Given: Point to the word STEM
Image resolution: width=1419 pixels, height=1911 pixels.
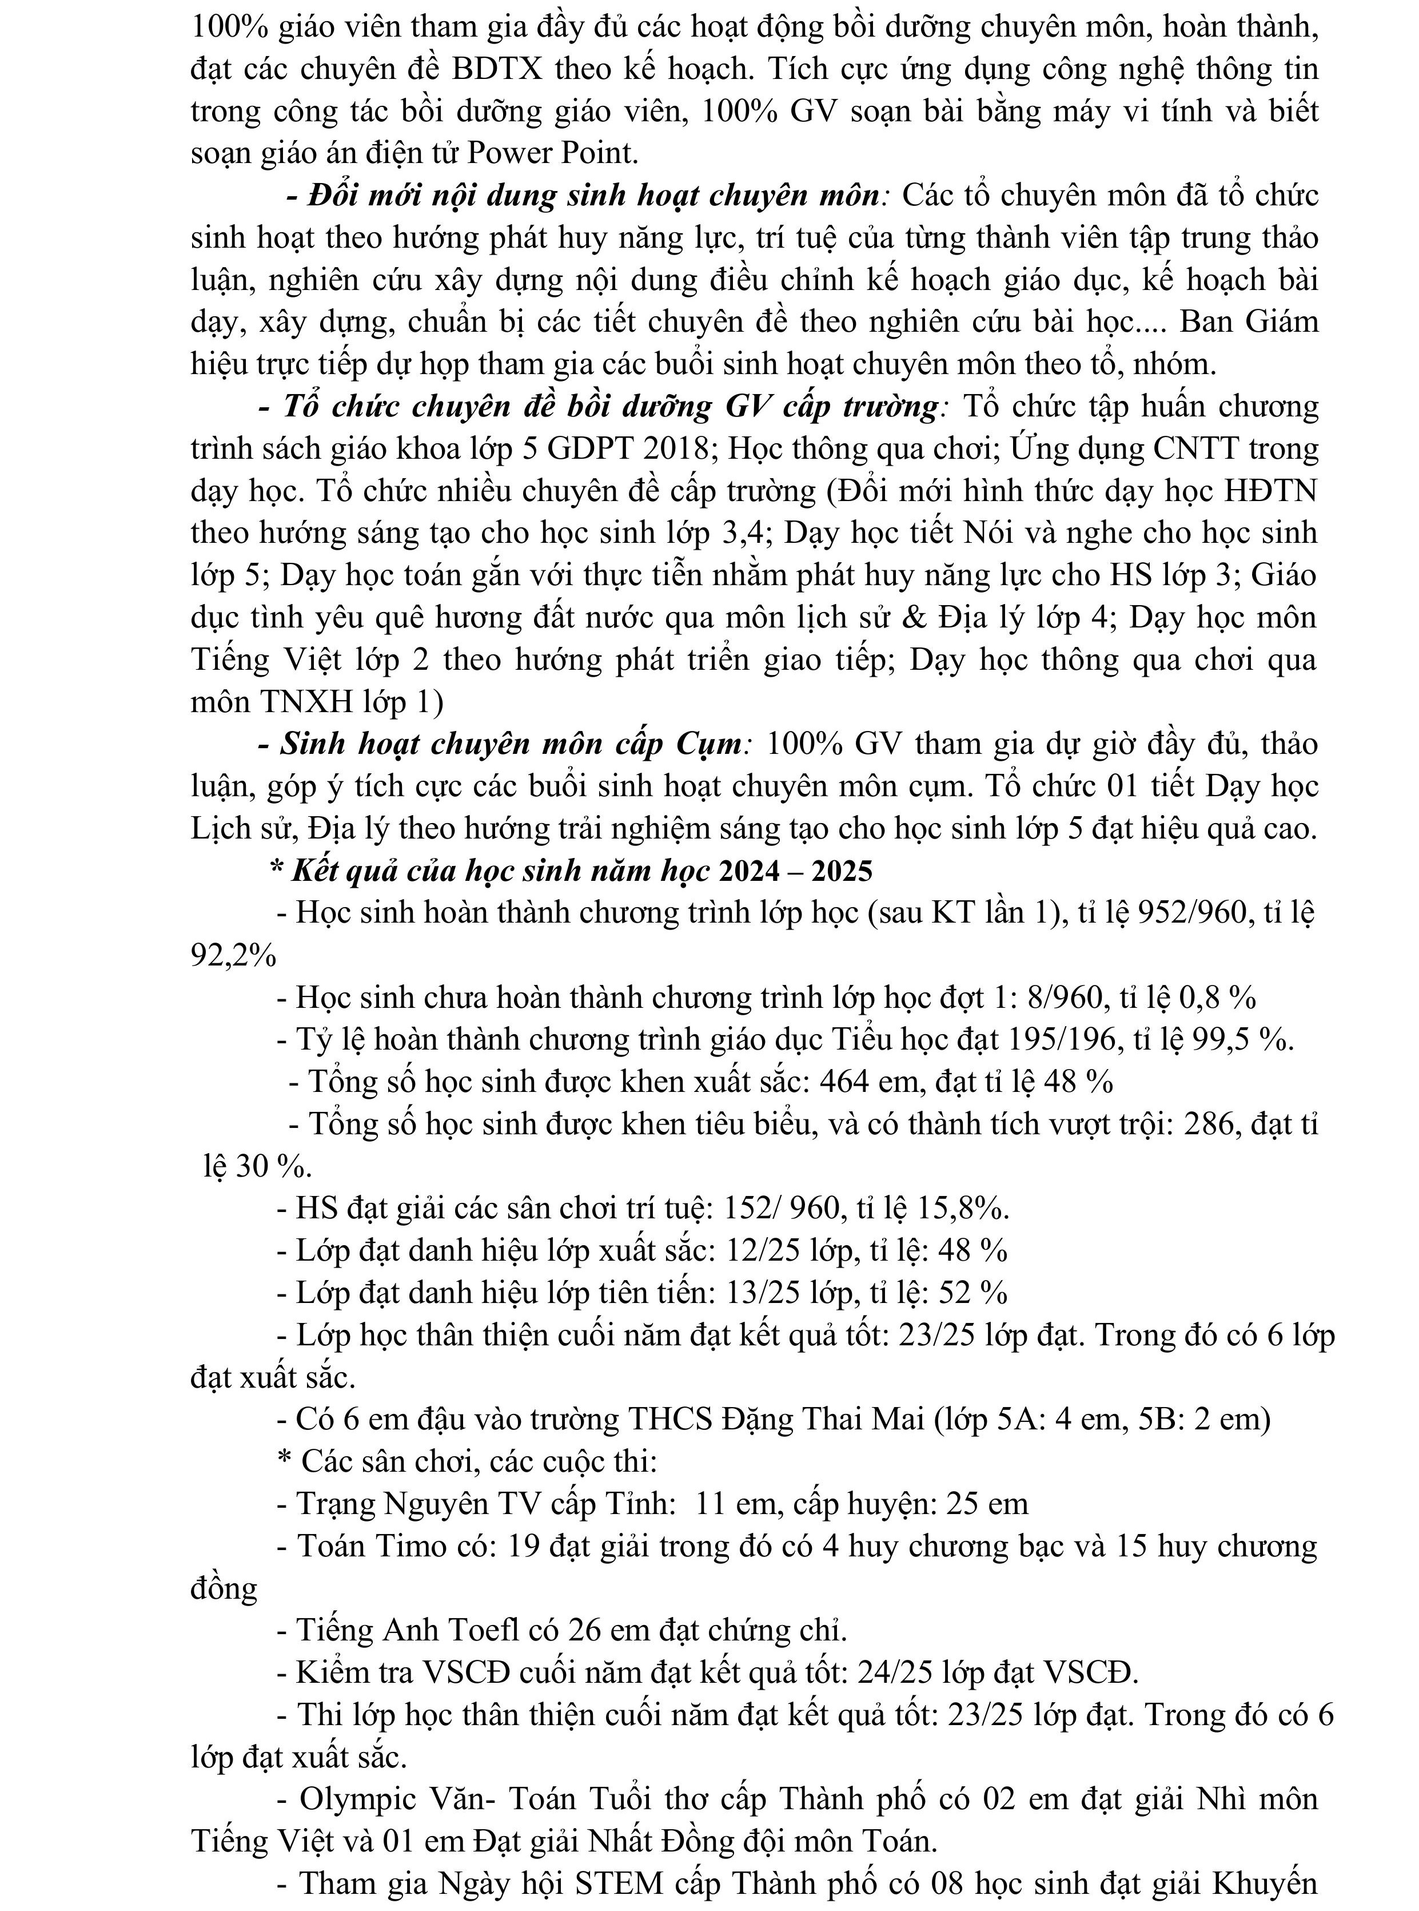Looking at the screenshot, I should [619, 1884].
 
